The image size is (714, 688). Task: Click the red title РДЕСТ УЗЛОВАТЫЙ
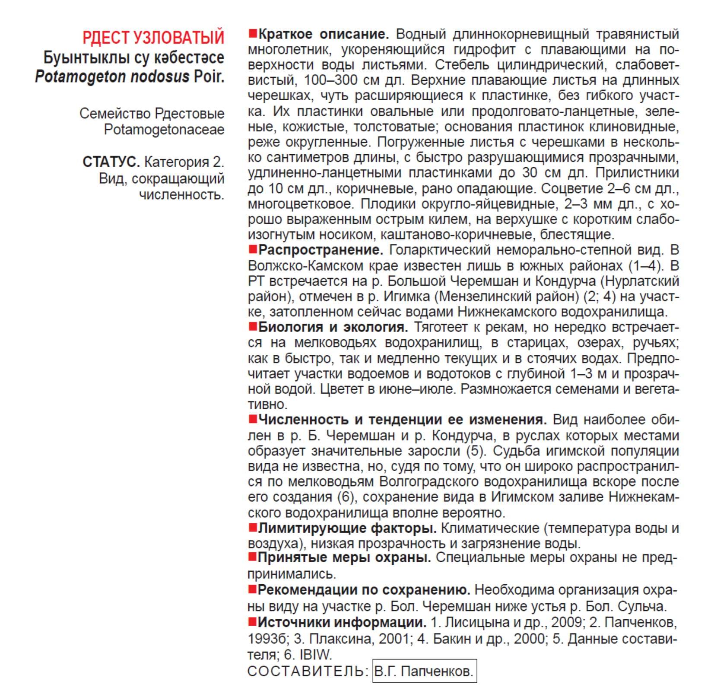153,37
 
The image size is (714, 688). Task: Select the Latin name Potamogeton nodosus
112,77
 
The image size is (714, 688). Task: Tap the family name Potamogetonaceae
164,129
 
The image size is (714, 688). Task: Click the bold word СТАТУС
111,162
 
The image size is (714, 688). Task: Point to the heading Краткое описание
324,34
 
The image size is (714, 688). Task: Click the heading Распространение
321,250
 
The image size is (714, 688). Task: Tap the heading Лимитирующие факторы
347,528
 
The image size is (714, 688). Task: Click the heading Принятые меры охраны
344,558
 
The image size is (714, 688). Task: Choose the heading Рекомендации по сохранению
364,590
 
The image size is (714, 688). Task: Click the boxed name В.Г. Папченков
424,671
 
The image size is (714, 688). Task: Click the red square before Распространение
253,249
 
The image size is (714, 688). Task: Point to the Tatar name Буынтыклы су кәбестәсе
133,57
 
